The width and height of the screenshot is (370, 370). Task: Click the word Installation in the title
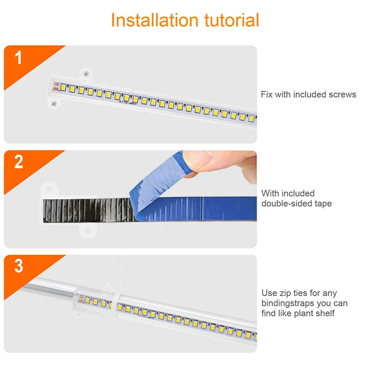click(x=154, y=20)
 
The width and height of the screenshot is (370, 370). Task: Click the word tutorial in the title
click(x=232, y=20)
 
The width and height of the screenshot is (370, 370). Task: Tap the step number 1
click(x=18, y=57)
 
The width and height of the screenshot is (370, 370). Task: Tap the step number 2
click(x=18, y=162)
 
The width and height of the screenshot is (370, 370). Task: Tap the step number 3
click(x=18, y=266)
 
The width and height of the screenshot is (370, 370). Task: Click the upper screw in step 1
click(x=86, y=74)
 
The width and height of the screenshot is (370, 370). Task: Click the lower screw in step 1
click(x=54, y=104)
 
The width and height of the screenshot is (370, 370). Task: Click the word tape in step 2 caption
click(x=323, y=204)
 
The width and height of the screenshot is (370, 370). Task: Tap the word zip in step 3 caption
click(x=285, y=294)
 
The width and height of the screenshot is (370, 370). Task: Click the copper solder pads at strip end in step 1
click(x=56, y=86)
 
